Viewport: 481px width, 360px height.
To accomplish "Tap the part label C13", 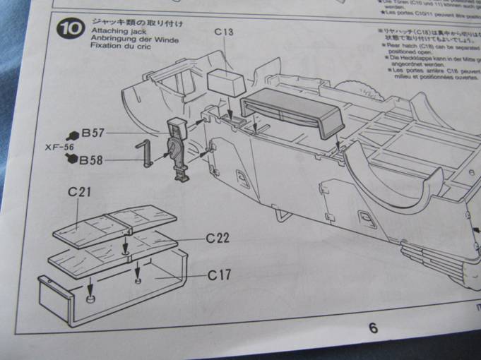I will pos(223,32).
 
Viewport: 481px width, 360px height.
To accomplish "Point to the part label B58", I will pos(91,160).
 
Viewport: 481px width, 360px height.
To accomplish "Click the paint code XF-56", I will pos(59,146).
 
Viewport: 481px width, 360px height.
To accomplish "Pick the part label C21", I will pos(81,192).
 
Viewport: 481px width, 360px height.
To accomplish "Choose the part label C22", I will pos(218,238).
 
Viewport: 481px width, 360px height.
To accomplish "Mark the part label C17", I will pos(219,275).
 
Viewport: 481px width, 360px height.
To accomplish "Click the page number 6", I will pos(373,328).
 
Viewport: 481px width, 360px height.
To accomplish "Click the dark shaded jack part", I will pos(176,148).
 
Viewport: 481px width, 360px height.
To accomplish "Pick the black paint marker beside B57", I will pos(72,133).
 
